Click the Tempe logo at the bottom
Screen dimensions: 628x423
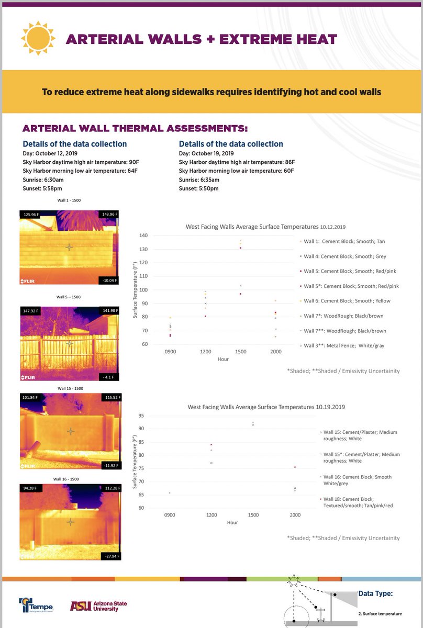[x=36, y=605]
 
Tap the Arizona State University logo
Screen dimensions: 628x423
[x=98, y=605]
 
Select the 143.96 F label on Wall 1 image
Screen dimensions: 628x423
[x=109, y=214]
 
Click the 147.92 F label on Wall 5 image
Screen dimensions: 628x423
[x=31, y=310]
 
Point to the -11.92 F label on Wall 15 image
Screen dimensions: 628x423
[x=109, y=465]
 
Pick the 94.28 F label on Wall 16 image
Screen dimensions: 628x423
[x=30, y=489]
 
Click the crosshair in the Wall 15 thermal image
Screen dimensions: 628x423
[x=71, y=431]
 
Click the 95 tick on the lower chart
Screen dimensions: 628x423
[x=141, y=416]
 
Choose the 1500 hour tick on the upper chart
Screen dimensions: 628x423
[x=240, y=352]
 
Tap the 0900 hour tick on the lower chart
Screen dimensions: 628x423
[x=170, y=515]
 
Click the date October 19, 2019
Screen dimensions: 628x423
[x=206, y=153]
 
